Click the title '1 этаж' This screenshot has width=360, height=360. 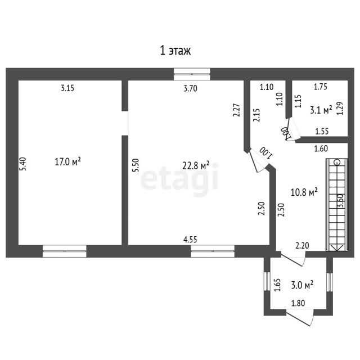coord(175,51)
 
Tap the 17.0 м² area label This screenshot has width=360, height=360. coord(67,161)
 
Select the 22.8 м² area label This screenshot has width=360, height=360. coord(196,165)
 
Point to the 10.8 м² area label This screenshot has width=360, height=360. coord(304,192)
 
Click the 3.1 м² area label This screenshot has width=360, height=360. coord(321,110)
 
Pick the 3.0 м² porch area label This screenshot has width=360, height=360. coord(303,285)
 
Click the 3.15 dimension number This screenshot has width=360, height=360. coord(67,88)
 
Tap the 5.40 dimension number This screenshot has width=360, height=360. coord(23,164)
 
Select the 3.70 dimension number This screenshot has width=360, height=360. coord(190,88)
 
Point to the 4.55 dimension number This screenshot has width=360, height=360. coord(190,240)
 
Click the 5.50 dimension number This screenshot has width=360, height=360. coord(136,165)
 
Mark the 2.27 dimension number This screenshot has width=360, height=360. coord(236,110)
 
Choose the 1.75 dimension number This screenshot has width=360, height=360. coord(321,87)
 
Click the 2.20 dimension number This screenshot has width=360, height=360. coord(302,246)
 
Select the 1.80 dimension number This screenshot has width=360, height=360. coord(298,303)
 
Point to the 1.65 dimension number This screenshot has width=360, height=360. coord(278,285)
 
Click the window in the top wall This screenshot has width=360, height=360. coord(192,74)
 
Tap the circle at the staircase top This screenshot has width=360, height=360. coord(337,163)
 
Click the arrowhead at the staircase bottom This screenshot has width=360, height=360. coord(337,247)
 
